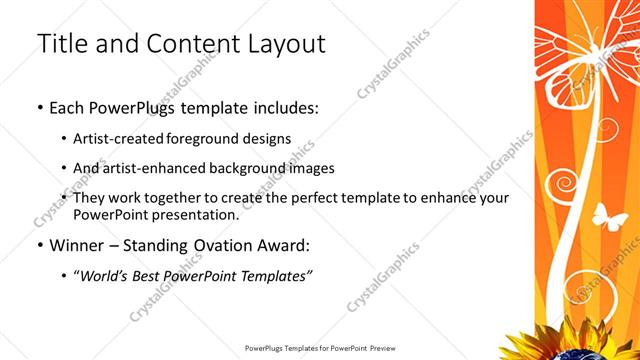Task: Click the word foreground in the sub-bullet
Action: (x=209, y=138)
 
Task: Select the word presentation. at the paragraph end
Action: (x=195, y=215)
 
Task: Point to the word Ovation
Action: (x=221, y=245)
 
